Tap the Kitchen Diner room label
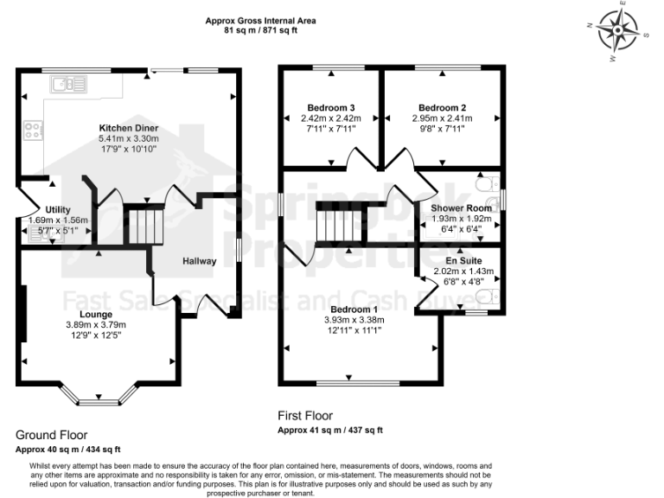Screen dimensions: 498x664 (x=128, y=127)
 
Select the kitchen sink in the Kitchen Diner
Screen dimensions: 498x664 (x=65, y=84)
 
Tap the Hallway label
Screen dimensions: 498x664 (x=200, y=259)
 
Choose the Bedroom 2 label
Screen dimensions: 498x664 (x=441, y=107)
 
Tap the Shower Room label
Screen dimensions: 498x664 (x=455, y=207)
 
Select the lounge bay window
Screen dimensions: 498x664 (x=96, y=398)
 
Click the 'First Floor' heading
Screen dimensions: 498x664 (x=304, y=416)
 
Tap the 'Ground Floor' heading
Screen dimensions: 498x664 (x=51, y=435)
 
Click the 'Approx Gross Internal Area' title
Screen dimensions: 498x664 (x=260, y=20)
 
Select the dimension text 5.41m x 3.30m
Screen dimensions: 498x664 (x=128, y=137)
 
